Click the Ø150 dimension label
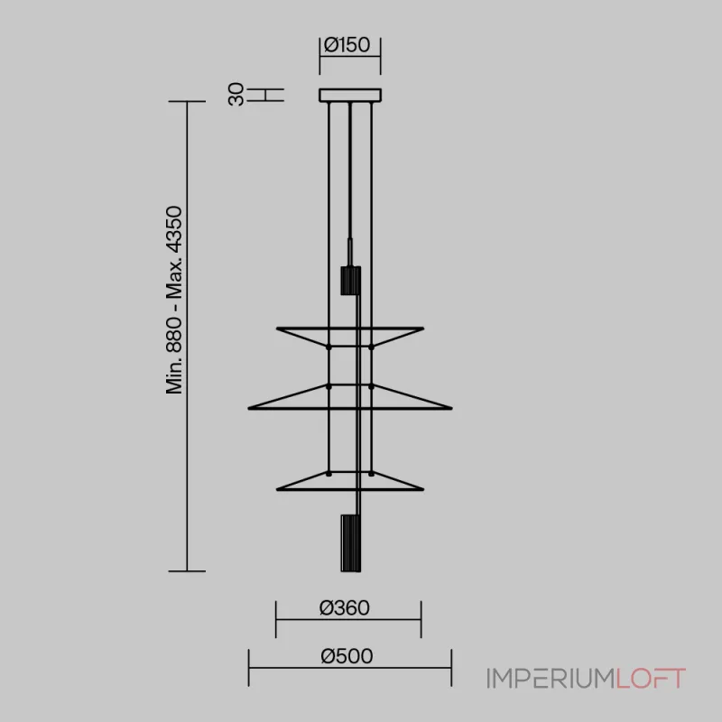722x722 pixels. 347,45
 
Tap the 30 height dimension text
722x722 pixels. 236,95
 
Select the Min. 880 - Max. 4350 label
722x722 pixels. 174,300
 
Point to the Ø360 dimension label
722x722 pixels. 345,607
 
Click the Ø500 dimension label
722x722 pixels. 347,656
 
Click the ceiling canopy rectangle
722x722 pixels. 350,96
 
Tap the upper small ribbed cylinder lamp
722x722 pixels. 350,281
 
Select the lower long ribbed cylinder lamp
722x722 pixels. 350,543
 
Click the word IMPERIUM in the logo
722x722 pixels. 551,679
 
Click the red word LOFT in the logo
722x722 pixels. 651,679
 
